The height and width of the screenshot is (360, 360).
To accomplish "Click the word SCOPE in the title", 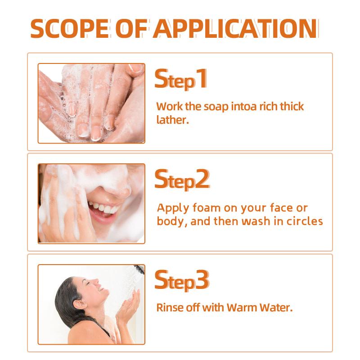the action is [70, 28].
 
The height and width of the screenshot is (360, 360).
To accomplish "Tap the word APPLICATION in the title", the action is [235, 28].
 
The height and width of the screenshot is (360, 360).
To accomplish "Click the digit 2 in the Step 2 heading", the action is [202, 179].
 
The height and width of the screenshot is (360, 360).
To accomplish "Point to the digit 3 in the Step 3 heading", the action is [202, 279].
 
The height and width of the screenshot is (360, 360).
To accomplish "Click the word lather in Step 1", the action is [172, 120].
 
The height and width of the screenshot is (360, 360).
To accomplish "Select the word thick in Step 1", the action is [292, 106].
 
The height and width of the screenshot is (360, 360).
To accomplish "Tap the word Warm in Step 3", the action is [242, 308].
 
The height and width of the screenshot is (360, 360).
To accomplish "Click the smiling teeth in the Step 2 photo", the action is [104, 208].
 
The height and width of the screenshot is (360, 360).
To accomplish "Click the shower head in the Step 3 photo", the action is [139, 269].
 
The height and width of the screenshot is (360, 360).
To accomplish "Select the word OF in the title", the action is [131, 28].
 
